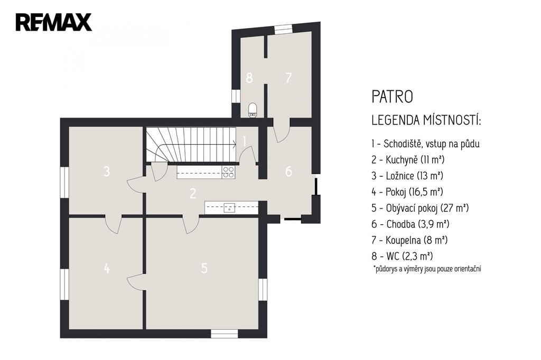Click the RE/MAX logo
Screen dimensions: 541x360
[x=53, y=22]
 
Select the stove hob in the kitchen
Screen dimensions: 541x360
[x=228, y=172]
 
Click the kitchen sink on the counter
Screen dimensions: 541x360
[x=229, y=207]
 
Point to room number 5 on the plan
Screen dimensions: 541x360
[x=204, y=268]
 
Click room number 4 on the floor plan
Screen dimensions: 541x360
[x=107, y=268]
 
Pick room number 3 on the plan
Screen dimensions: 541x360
[x=107, y=172]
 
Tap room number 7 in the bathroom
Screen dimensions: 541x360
[x=289, y=78]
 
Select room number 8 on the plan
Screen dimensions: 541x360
[x=249, y=78]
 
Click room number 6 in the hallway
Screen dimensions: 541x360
[x=289, y=172]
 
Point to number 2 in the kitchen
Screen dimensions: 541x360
[x=193, y=193]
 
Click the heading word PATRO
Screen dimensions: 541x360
[x=393, y=97]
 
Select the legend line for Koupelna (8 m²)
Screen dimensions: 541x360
[x=409, y=240]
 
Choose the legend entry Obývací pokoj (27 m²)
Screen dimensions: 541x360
[x=420, y=208]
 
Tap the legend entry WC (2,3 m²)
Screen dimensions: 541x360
[x=402, y=256]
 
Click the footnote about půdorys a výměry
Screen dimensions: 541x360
[x=427, y=269]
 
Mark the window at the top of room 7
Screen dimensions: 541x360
[x=283, y=30]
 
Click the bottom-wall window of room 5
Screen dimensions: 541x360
[x=224, y=334]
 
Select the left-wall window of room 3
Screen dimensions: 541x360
[x=64, y=183]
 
